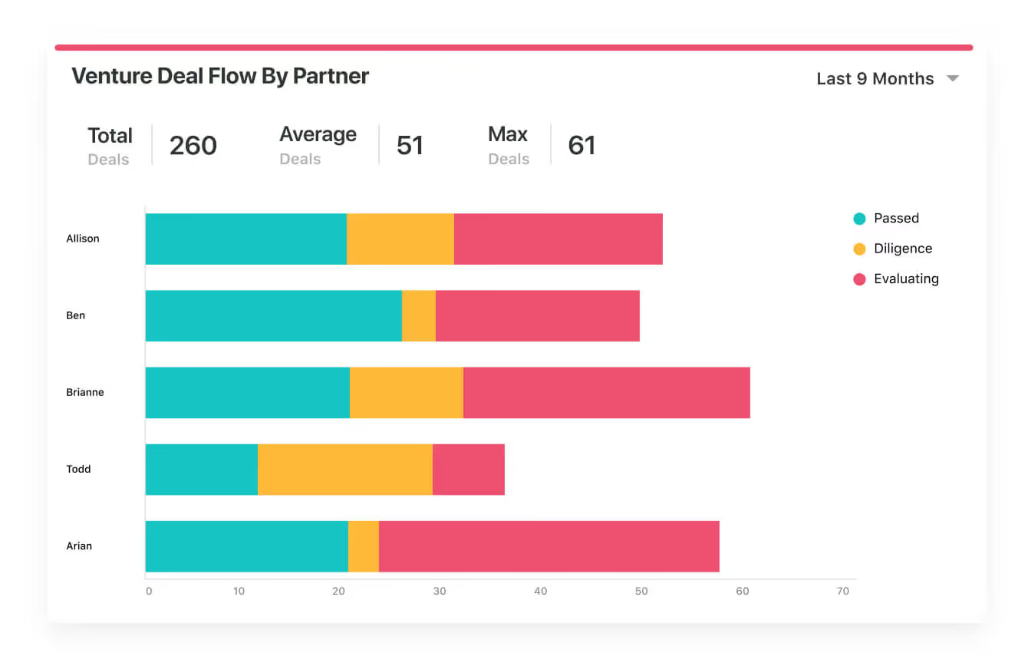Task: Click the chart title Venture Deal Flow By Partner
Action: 220,76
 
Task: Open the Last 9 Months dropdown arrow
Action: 953,78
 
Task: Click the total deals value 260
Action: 193,145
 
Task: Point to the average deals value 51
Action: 410,145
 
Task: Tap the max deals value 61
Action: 582,145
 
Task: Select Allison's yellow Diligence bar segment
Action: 400,239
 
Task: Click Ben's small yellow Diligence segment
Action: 419,315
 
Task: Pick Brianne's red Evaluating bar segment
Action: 606,392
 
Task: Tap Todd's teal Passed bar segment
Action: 201,469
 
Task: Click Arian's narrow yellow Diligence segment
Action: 364,546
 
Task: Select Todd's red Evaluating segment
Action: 469,469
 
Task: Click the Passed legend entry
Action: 896,218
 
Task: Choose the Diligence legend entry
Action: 903,249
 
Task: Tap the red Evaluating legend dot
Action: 859,279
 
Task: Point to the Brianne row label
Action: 84,392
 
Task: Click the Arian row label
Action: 79,546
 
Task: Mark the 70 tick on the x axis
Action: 843,592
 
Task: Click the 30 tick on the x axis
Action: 440,592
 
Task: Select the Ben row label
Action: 75,315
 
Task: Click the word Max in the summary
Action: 508,134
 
